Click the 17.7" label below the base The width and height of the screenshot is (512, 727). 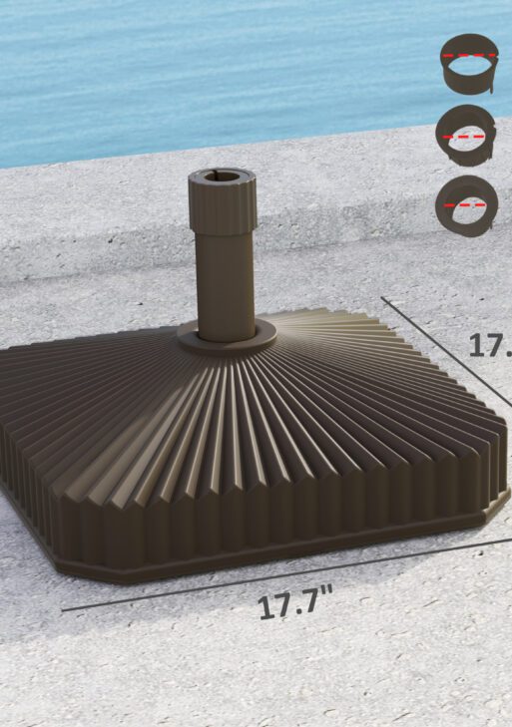(x=294, y=603)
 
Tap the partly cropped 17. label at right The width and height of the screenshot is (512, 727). (x=490, y=345)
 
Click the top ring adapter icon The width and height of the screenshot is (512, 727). (x=466, y=65)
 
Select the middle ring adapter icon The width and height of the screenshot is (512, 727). (x=466, y=134)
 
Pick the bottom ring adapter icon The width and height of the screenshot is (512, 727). (x=466, y=203)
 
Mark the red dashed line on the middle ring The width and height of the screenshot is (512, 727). (x=466, y=133)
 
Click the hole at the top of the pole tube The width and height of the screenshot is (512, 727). (x=222, y=178)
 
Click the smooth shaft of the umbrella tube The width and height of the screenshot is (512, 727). (x=225, y=284)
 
